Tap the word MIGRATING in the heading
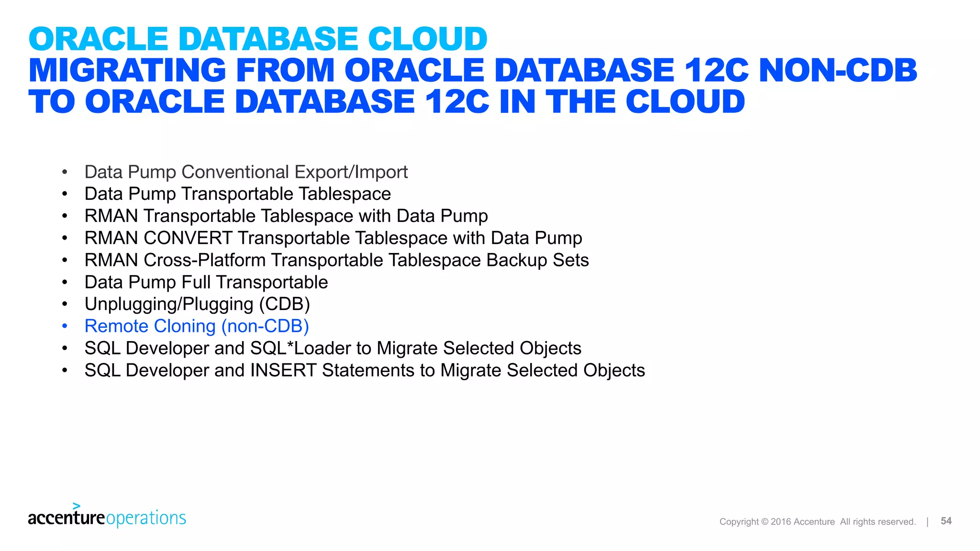coord(127,70)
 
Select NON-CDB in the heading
coord(837,70)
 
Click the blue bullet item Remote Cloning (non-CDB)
coord(196,326)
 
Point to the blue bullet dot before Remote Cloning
coord(65,326)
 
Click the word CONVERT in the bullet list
coord(188,238)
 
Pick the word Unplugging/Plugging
coord(169,305)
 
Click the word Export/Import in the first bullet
coord(351,172)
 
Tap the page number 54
coord(946,521)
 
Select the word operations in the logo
coord(146,518)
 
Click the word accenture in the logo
coord(66,518)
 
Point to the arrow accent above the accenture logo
coord(77,506)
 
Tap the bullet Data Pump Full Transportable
coord(206,283)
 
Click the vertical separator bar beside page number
coord(927,522)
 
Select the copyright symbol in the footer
coord(764,522)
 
